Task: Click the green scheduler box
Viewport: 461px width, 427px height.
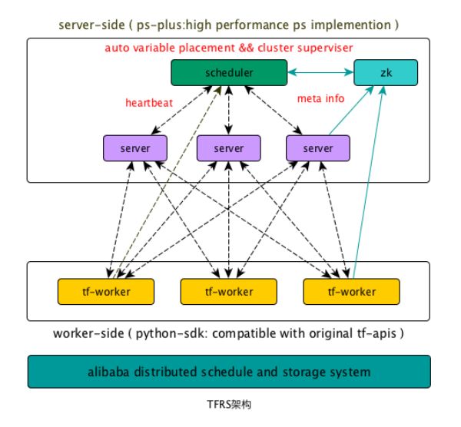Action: coord(229,73)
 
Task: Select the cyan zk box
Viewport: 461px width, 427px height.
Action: coord(386,73)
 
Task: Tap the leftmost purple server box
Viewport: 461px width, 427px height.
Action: coord(135,148)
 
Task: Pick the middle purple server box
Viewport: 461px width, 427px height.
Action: coord(228,148)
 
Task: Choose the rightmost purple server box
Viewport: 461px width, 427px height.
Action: coord(318,148)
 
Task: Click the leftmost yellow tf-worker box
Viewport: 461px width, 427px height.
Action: coord(106,292)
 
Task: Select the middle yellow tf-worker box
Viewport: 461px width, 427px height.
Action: coord(228,292)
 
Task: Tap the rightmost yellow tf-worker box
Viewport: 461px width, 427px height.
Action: coord(351,292)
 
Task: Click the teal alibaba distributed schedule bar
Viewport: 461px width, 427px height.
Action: coord(229,372)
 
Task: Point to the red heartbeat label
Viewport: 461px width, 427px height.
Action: coord(149,103)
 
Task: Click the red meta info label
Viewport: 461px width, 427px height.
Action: coord(320,99)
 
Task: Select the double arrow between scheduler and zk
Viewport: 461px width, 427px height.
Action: coord(320,72)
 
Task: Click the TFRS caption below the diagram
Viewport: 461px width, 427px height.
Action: coord(229,405)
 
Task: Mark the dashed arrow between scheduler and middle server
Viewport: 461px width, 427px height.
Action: coord(228,111)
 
